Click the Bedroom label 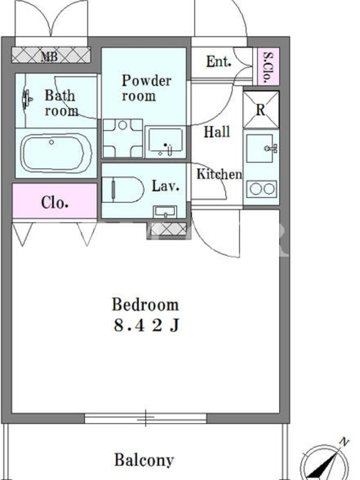click(145, 305)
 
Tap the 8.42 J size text click(146, 325)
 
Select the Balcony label click(144, 460)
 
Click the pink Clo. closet click(55, 201)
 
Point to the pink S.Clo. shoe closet click(268, 66)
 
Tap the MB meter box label click(49, 56)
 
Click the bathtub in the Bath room click(56, 153)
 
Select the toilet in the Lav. click(122, 190)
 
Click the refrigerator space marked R click(261, 110)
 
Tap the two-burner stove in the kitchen click(262, 189)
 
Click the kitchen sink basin click(260, 148)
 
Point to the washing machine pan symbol click(123, 139)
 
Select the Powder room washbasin click(166, 142)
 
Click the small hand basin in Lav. click(165, 212)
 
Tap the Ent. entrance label click(218, 62)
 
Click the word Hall click(217, 131)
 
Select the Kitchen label click(219, 174)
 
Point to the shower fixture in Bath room click(27, 99)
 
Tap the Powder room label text click(146, 88)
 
